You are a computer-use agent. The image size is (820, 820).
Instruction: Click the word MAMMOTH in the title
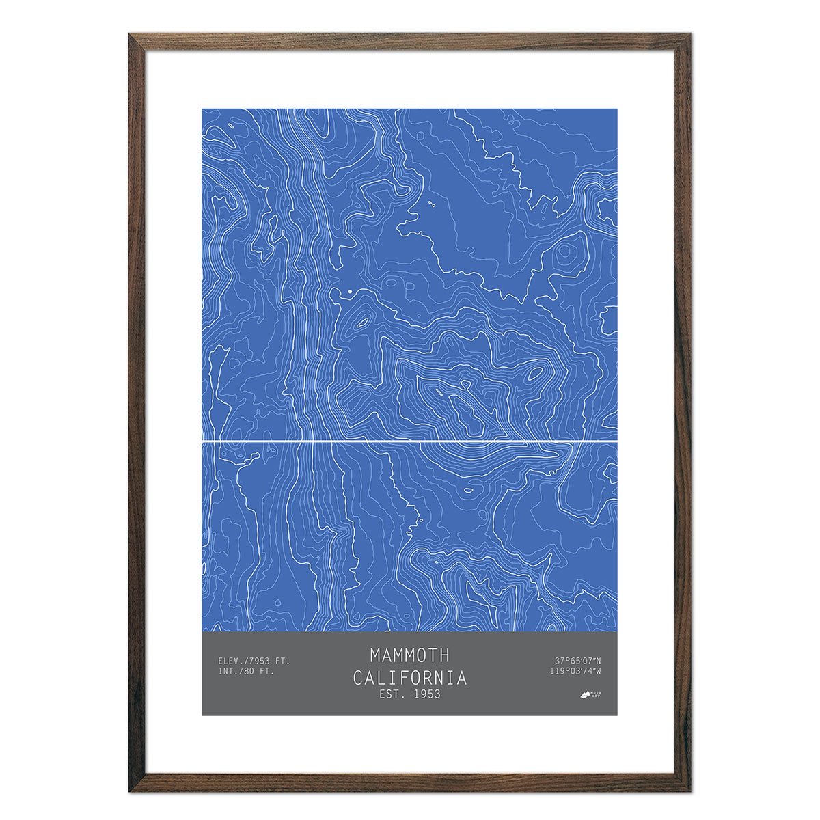coord(410,655)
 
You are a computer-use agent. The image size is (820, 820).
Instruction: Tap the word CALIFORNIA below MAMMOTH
coord(410,678)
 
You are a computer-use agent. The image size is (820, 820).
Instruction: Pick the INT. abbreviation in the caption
coord(228,671)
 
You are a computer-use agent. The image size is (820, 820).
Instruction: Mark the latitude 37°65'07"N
coord(577,661)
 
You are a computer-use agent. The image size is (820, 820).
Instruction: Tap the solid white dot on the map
coord(350,292)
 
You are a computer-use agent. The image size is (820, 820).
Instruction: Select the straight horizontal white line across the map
coord(410,442)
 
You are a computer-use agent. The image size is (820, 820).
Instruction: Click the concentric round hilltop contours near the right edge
coord(564,254)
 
